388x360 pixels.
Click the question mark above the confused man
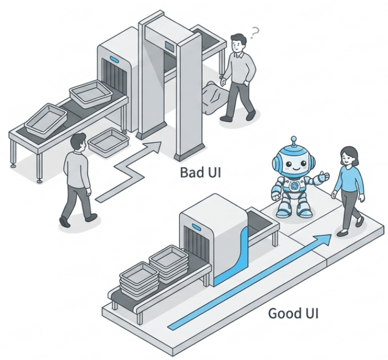point(254,34)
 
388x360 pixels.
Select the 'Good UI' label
point(293,313)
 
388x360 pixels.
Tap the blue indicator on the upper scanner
point(115,59)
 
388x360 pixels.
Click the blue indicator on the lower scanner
point(196,226)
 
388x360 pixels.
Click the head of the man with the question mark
point(238,42)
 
